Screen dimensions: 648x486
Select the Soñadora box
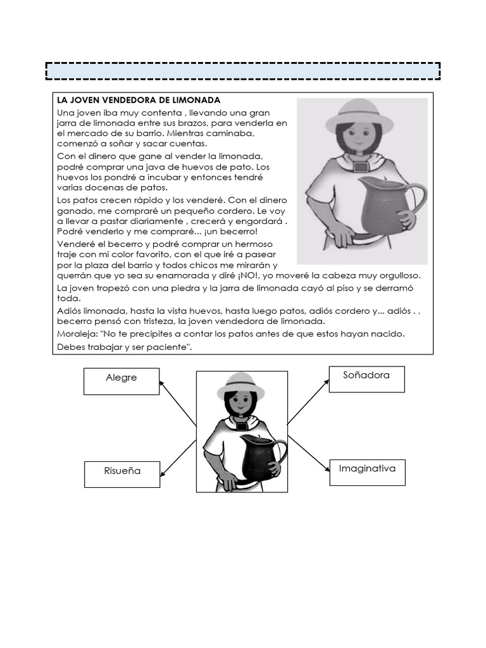(366, 379)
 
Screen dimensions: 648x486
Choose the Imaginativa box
(367, 472)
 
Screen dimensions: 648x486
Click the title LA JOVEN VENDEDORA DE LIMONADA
(139, 100)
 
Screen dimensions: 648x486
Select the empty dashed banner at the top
(243, 71)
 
